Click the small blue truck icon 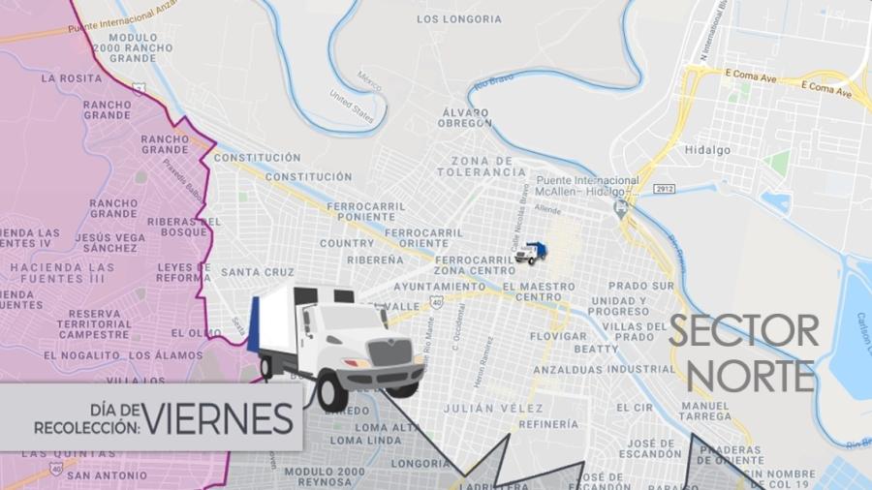(530, 254)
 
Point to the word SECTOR (743, 333)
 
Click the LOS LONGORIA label (459, 18)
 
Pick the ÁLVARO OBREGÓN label (465, 118)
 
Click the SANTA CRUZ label (257, 272)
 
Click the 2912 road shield (663, 188)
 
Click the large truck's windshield (356, 319)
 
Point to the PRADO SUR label (640, 287)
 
